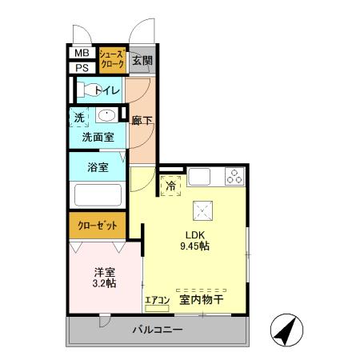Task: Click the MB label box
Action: (x=81, y=54)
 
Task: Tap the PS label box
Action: (x=81, y=67)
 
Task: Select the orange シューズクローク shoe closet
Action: (x=110, y=60)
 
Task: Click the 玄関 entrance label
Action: (x=142, y=61)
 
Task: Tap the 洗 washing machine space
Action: (x=79, y=116)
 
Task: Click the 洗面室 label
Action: (x=98, y=137)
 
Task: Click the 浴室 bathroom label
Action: (x=98, y=170)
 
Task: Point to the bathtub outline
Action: (x=97, y=195)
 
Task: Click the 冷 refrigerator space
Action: (x=170, y=186)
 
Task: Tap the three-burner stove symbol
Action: (x=234, y=178)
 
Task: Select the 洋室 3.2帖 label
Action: (x=104, y=276)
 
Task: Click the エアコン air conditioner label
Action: (x=157, y=301)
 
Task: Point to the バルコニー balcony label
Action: (x=160, y=330)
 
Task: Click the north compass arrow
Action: (x=286, y=329)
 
